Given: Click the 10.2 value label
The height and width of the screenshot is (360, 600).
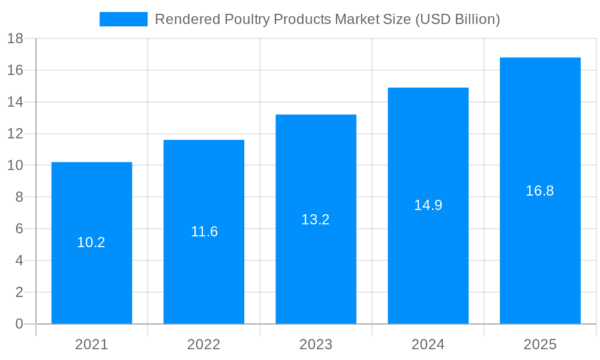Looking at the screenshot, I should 91,242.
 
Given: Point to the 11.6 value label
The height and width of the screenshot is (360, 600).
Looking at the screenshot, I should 204,232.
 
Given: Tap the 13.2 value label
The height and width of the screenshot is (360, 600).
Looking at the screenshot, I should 316,220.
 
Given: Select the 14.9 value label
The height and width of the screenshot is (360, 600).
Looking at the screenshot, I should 428,205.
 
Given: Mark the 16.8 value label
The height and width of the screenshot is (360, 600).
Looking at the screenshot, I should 540,191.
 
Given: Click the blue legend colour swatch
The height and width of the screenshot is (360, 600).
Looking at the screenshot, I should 123,19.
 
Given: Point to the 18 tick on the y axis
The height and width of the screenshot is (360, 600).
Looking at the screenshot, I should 15,39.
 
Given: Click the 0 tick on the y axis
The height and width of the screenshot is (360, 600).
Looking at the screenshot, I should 19,324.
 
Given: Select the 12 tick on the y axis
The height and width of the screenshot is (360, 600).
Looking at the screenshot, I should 15,134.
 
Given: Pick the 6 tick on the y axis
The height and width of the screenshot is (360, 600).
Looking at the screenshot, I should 19,229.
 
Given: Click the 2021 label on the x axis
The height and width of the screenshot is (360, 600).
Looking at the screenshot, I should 92,344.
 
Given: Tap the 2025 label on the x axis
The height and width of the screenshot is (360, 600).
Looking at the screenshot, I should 540,344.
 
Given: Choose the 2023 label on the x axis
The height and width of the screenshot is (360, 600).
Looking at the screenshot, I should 316,344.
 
